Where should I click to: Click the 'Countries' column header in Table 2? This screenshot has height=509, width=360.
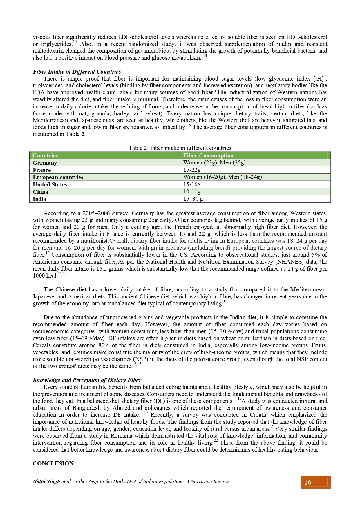[45, 155]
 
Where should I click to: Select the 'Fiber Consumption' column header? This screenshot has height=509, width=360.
[208, 155]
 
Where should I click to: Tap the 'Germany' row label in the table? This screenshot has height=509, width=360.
[45, 163]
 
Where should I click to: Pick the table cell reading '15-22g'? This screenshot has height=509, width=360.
[192, 170]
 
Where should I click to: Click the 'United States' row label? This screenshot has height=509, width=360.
[50, 184]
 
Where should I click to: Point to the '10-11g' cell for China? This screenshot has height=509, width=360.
[192, 192]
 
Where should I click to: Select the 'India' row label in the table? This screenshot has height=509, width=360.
[39, 199]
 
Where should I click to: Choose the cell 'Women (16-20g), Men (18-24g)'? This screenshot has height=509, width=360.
[222, 177]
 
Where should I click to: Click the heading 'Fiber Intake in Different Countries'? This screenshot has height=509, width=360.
[77, 72]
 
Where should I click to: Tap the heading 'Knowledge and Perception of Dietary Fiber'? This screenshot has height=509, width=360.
[87, 380]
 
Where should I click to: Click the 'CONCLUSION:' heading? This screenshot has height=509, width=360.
[54, 463]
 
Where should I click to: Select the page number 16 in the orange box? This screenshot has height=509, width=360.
[308, 482]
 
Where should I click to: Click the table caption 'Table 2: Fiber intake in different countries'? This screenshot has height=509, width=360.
[180, 148]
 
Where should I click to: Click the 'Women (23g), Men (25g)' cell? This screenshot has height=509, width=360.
[214, 163]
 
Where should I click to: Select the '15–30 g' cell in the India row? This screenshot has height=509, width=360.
[193, 199]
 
